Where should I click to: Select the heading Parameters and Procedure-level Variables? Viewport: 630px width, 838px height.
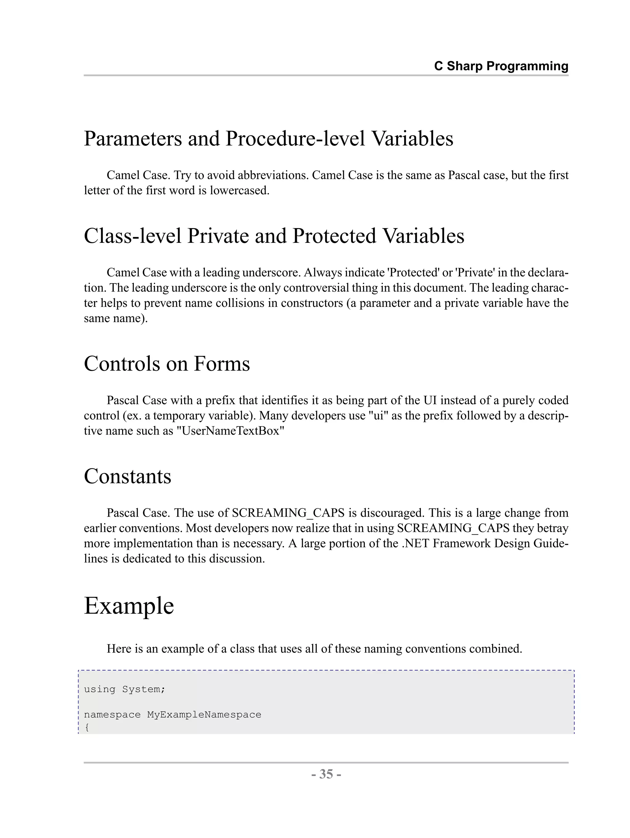268,138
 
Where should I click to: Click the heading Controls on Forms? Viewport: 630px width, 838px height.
167,364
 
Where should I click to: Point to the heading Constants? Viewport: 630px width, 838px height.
127,476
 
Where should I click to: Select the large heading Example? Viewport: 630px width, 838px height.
129,605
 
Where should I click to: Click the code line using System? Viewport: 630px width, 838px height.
124,689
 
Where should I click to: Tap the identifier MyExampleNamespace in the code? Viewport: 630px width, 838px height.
204,714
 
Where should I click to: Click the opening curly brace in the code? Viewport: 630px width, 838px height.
87,727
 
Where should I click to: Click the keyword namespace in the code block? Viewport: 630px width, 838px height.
112,715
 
